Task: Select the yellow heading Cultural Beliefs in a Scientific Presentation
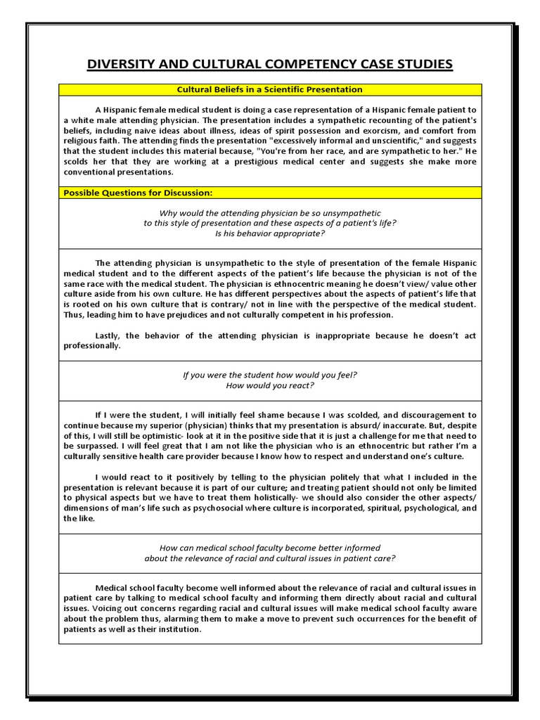click(x=270, y=89)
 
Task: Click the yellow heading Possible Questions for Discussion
click(x=138, y=192)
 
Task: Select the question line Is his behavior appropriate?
click(x=270, y=233)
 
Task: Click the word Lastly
click(x=110, y=335)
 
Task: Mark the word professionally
click(x=91, y=346)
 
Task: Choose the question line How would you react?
click(x=270, y=385)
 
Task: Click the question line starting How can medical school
click(x=270, y=548)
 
